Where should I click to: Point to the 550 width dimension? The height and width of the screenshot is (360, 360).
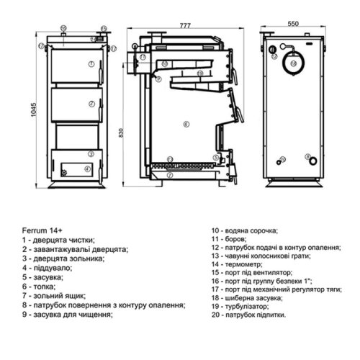click(x=292, y=23)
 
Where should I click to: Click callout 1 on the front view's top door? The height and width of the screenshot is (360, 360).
click(x=91, y=64)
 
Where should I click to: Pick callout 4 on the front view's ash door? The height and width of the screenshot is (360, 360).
click(x=87, y=170)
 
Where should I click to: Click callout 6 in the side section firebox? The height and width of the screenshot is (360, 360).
click(x=186, y=123)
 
